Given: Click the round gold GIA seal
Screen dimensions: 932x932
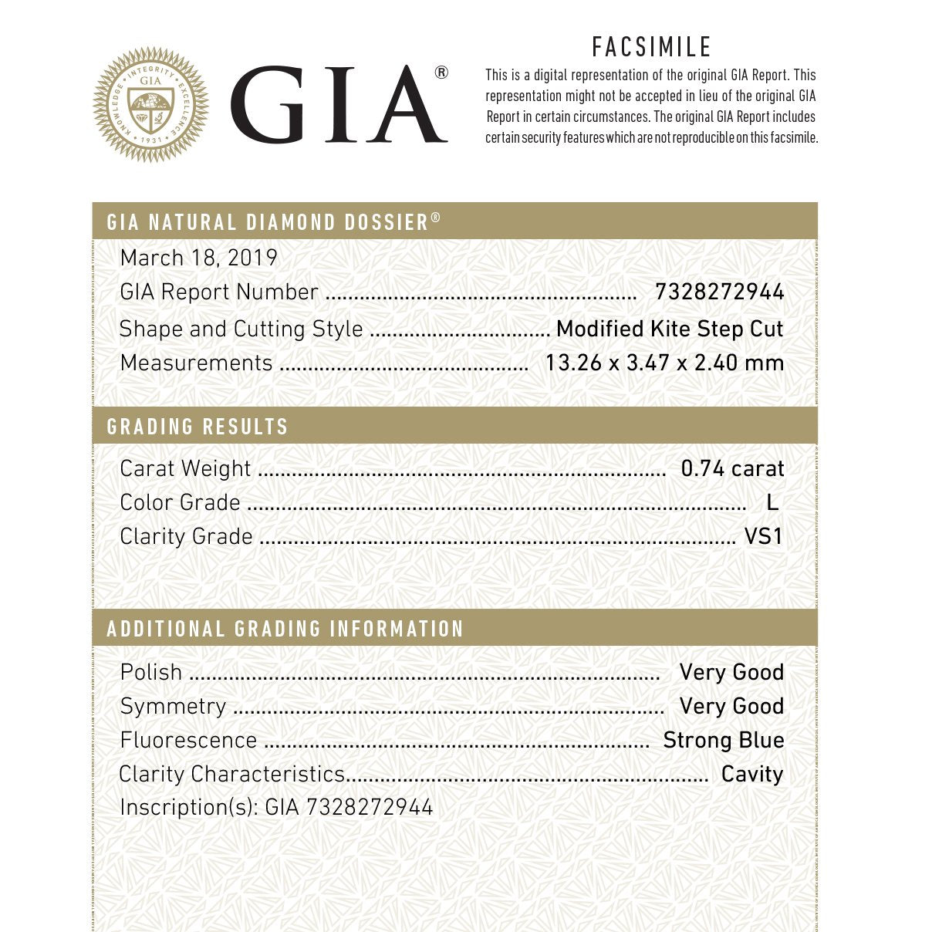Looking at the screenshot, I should click(x=150, y=104).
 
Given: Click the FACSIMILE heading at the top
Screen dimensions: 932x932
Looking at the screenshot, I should click(x=651, y=48).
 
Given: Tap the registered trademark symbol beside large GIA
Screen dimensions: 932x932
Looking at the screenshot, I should click(x=441, y=73).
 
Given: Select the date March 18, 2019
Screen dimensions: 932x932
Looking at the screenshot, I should click(x=198, y=258).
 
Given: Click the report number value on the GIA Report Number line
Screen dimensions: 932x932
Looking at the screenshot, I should click(x=719, y=292).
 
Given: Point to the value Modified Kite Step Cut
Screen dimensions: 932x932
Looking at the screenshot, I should click(x=669, y=329).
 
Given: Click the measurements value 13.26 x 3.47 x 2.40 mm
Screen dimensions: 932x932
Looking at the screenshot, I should click(x=664, y=363).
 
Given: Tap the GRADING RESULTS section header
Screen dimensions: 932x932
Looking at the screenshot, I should click(x=198, y=427).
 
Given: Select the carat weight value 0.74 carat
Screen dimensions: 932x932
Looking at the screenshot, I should click(x=732, y=468).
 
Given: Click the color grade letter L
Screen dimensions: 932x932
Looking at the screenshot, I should click(x=772, y=502).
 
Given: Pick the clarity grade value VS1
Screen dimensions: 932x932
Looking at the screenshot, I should click(x=763, y=536).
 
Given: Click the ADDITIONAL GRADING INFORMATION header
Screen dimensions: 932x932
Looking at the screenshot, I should click(x=285, y=629).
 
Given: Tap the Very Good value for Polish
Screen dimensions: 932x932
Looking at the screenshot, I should click(x=731, y=672).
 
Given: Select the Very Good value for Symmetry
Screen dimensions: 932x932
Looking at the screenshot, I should click(x=731, y=706).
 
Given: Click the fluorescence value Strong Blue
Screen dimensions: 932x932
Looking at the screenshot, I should click(x=724, y=740).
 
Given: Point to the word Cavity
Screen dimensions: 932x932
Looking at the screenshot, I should click(x=752, y=774).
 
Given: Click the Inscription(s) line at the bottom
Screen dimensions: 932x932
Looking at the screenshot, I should click(x=276, y=807).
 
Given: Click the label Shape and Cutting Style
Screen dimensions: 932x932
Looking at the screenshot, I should click(x=241, y=329).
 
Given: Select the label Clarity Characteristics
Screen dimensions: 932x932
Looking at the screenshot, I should click(x=231, y=774).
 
